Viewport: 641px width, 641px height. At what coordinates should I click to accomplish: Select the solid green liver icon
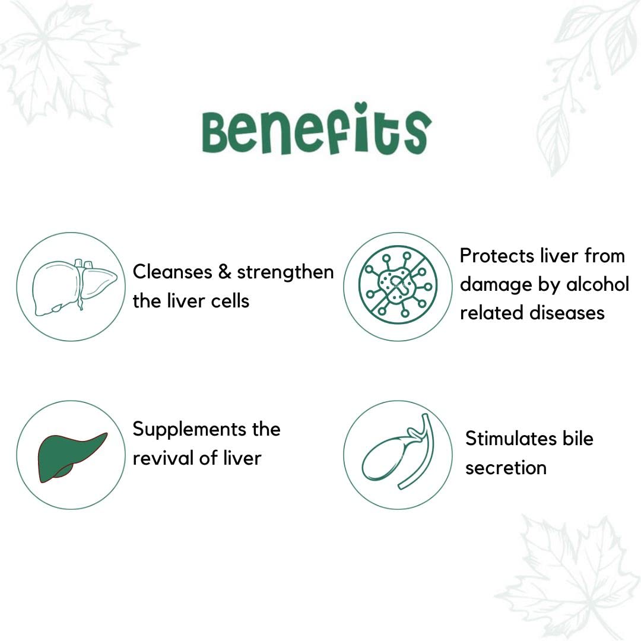(x=72, y=458)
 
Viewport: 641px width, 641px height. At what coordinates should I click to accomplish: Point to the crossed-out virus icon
(x=398, y=284)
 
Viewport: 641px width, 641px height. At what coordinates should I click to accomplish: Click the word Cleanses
(x=172, y=272)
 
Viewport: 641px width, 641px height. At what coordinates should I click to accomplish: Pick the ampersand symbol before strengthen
(x=224, y=272)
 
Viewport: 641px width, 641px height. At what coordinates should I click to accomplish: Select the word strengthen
(x=285, y=272)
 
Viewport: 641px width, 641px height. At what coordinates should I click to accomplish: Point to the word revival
(x=163, y=458)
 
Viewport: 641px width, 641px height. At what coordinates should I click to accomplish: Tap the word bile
(x=577, y=439)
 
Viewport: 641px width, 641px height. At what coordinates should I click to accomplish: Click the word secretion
(x=506, y=468)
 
